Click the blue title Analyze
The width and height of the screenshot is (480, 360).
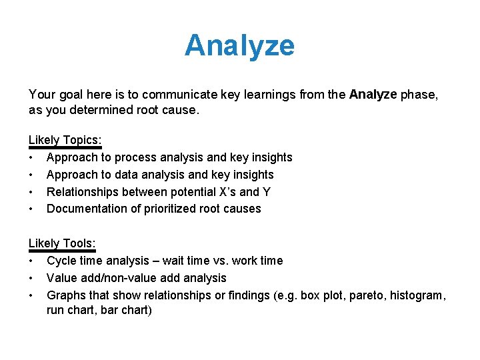[x=239, y=45]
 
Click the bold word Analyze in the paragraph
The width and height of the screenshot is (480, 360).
[x=373, y=95]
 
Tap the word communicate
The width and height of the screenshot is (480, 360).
[x=175, y=95]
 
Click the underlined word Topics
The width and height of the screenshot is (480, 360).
[x=82, y=140]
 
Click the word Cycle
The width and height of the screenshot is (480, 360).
[x=61, y=261]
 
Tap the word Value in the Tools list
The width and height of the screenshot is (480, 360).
[x=62, y=278]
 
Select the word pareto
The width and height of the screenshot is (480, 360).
[x=367, y=295]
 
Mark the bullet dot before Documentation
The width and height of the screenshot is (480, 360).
[x=31, y=209]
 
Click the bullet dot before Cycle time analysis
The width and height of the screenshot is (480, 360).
[x=31, y=261]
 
